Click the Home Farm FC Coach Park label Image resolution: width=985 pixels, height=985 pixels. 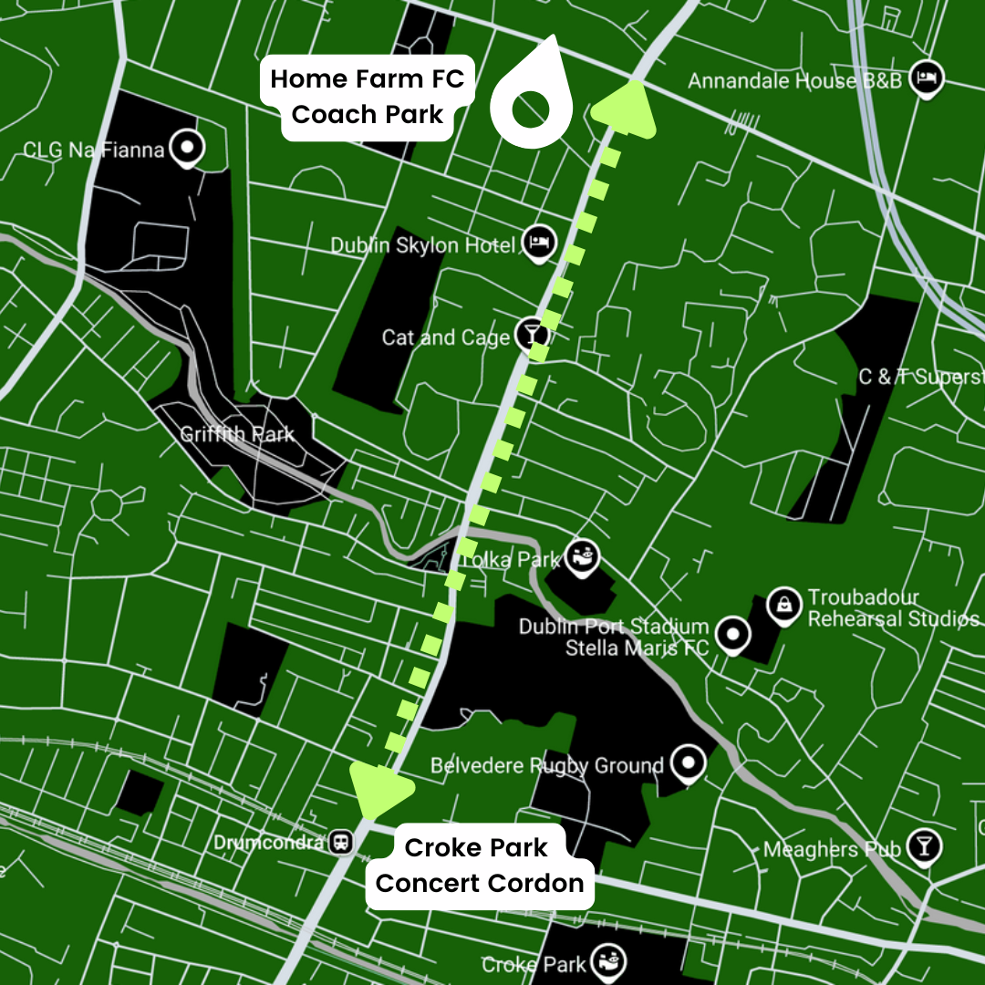367,96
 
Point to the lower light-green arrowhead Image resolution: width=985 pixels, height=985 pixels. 378,790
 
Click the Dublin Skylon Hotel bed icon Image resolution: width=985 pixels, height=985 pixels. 538,244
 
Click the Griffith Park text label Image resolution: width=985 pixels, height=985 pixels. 236,433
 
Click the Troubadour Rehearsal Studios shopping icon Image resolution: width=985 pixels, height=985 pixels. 783,604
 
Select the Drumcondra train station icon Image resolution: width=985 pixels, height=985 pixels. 343,842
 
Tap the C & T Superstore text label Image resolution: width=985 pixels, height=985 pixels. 921,377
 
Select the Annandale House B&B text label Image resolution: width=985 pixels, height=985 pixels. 794,81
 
